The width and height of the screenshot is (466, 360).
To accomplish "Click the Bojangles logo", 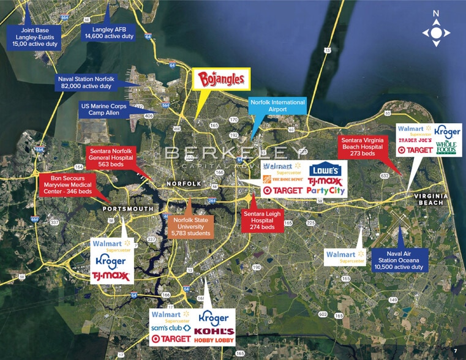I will click(222, 79).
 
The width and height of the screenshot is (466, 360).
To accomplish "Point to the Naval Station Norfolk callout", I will click(85, 83).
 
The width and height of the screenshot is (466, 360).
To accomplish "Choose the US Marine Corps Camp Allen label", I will click(103, 110).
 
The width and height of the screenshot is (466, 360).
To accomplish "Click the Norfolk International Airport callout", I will click(277, 106).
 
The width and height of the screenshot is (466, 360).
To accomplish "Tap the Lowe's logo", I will click(325, 170).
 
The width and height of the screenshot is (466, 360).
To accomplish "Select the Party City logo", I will click(327, 191).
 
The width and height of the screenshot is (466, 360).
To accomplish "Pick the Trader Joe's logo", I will click(416, 140).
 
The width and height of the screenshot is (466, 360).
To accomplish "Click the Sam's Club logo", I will click(170, 328).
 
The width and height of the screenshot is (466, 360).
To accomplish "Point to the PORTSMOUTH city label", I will click(128, 208).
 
